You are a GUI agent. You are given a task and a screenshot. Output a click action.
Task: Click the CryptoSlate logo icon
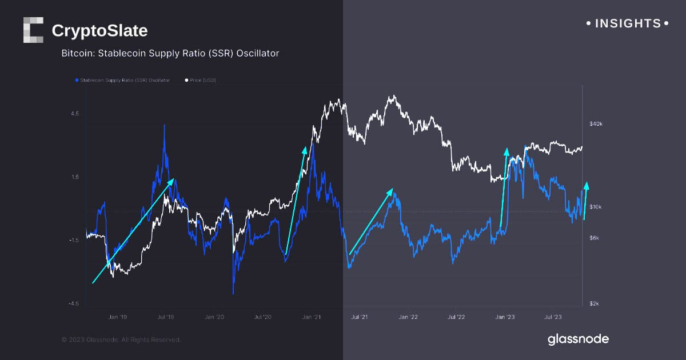(33, 30)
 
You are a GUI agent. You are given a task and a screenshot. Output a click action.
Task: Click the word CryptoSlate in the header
(99, 30)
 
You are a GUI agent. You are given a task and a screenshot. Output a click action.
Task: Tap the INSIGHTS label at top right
(627, 23)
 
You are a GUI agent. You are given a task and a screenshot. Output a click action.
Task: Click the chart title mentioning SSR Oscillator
(170, 53)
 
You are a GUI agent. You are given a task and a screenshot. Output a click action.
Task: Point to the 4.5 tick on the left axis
(74, 114)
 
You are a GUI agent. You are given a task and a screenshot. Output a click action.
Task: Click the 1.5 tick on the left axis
(74, 177)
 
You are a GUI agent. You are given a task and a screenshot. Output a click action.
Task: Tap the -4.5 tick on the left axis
(74, 303)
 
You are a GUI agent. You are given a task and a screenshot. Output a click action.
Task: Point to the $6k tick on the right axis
(595, 238)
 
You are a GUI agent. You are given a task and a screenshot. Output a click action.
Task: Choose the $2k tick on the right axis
(595, 303)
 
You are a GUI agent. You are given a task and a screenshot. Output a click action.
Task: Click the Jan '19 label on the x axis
(117, 316)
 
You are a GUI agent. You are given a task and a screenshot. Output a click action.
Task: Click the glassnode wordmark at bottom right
(578, 339)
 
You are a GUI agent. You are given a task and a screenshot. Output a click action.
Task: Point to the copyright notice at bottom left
(121, 339)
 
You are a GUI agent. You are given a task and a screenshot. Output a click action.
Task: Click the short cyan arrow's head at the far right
(587, 184)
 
